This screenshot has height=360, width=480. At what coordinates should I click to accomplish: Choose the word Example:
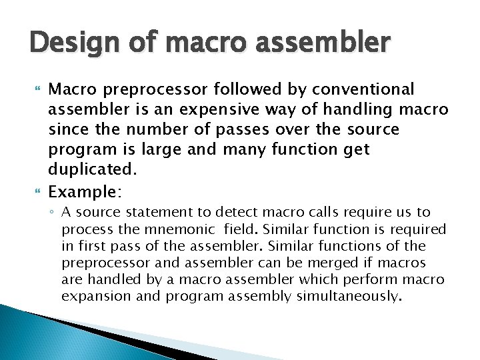pos(85,193)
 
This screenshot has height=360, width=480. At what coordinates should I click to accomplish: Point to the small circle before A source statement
pos(53,213)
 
